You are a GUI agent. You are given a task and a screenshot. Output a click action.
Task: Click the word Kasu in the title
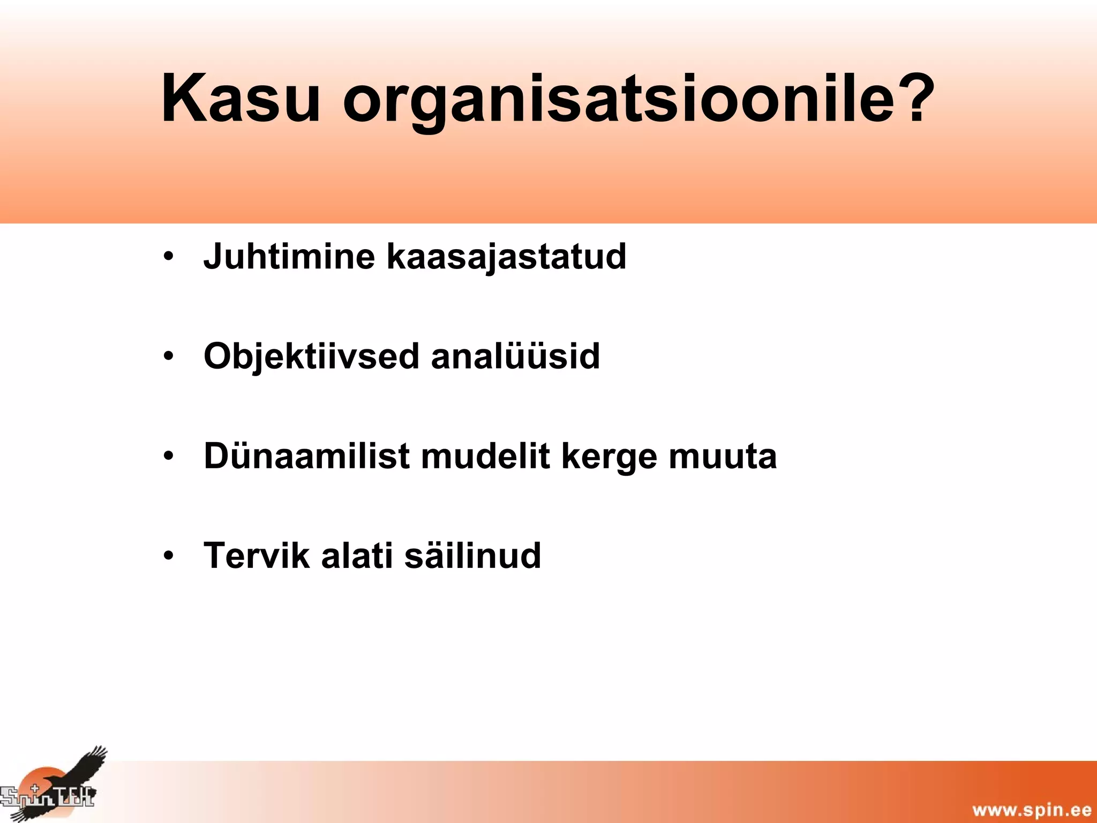(x=240, y=99)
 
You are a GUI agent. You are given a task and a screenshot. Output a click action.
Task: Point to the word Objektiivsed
(x=311, y=357)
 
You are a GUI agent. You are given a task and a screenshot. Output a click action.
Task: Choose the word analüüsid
(x=515, y=356)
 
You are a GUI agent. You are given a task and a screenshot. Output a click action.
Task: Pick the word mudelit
(x=485, y=457)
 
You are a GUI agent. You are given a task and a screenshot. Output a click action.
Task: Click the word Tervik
(x=257, y=556)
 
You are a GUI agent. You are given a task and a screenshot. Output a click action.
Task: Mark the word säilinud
(x=472, y=556)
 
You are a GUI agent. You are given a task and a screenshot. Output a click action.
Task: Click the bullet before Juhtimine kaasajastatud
(x=169, y=256)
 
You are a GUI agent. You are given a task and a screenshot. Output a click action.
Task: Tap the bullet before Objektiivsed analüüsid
(x=169, y=356)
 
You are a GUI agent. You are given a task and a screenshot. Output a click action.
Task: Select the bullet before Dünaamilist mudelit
(x=169, y=456)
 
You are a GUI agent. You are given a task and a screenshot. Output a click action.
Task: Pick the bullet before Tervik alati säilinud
(x=169, y=556)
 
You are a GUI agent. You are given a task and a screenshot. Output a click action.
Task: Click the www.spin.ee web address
(x=1032, y=810)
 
